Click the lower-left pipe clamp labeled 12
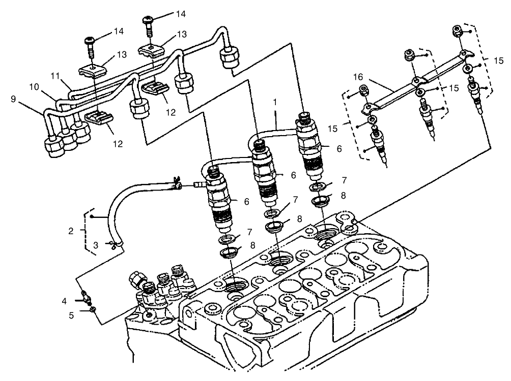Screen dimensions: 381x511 tap(100, 119)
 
